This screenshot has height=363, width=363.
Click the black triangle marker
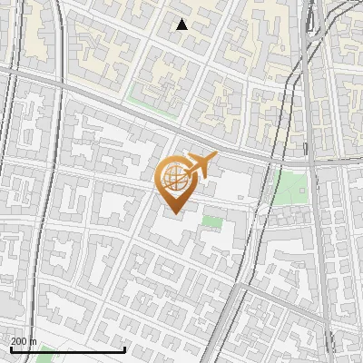point(182,25)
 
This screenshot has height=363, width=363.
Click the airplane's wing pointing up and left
point(194,157)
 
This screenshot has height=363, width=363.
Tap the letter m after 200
point(34,341)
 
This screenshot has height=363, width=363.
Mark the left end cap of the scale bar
point(10,349)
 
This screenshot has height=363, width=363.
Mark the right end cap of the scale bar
point(124,349)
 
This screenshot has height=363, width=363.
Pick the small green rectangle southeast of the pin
point(212,221)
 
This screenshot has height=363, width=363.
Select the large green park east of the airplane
point(290,186)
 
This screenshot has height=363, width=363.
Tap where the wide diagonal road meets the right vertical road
point(311,162)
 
